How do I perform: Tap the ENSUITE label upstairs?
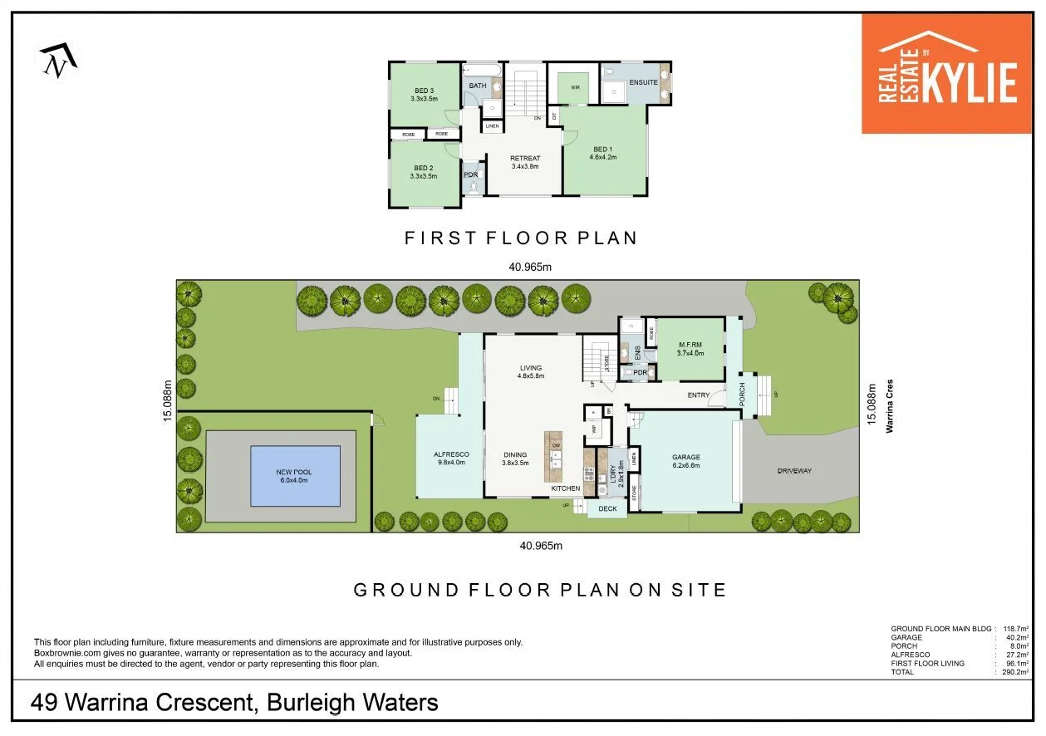pos(643,82)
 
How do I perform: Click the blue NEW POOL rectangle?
pos(295,476)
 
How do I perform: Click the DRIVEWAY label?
pos(794,471)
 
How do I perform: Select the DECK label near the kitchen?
pos(607,509)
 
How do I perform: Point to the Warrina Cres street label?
pos(888,407)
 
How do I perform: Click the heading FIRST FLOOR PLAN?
pos(520,238)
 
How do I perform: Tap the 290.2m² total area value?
pos(1017,672)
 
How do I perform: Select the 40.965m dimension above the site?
pos(530,267)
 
